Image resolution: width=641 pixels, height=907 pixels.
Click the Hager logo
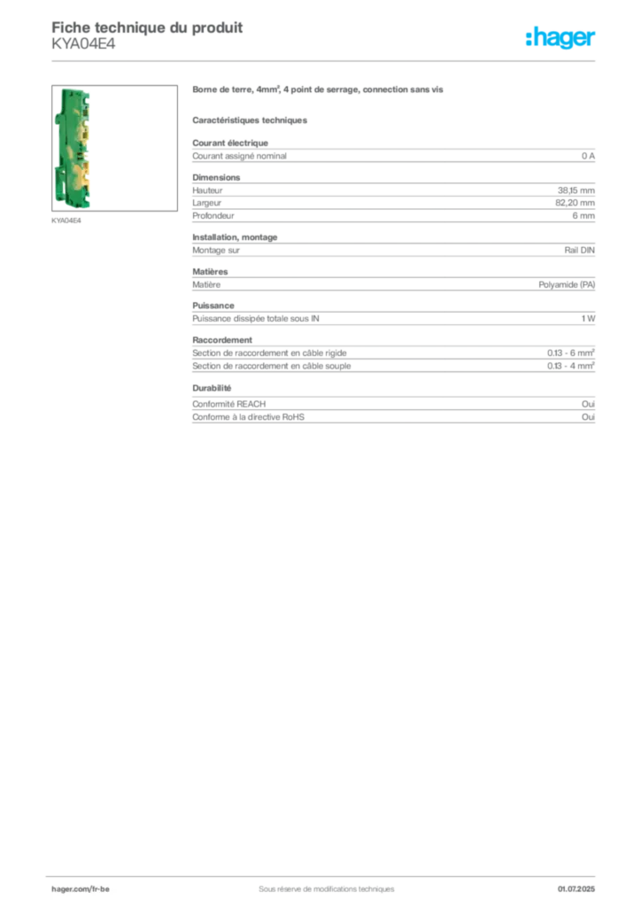pyautogui.click(x=560, y=38)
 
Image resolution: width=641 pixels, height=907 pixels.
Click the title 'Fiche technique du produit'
pyautogui.click(x=147, y=27)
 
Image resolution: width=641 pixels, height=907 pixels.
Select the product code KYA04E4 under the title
pyautogui.click(x=83, y=44)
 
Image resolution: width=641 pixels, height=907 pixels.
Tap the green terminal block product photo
pyautogui.click(x=73, y=148)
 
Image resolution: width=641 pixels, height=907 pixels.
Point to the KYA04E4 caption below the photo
pyautogui.click(x=66, y=221)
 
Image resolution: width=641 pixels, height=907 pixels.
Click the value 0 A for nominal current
pyautogui.click(x=588, y=156)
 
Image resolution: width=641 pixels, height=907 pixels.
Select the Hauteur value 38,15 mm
pyautogui.click(x=575, y=190)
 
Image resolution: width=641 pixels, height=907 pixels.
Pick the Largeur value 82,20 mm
pyautogui.click(x=575, y=203)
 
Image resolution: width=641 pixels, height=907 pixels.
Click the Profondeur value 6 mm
pyautogui.click(x=583, y=216)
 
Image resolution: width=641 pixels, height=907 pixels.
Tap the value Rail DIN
pyautogui.click(x=579, y=251)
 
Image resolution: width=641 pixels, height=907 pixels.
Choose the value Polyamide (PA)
pyautogui.click(x=567, y=284)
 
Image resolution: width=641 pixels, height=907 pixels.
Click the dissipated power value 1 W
pyautogui.click(x=588, y=319)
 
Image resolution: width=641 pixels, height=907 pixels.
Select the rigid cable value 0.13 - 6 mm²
pyautogui.click(x=570, y=353)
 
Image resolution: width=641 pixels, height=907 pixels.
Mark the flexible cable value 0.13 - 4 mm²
pyautogui.click(x=570, y=366)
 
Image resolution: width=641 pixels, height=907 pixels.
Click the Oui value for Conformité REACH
pyautogui.click(x=588, y=404)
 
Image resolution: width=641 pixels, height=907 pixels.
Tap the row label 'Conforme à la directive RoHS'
pyautogui.click(x=248, y=417)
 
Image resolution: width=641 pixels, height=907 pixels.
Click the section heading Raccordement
pyautogui.click(x=222, y=340)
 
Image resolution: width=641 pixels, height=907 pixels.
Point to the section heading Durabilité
pyautogui.click(x=212, y=388)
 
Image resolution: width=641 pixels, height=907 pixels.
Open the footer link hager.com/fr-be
pyautogui.click(x=81, y=889)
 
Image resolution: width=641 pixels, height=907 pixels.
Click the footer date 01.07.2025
pyautogui.click(x=576, y=889)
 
